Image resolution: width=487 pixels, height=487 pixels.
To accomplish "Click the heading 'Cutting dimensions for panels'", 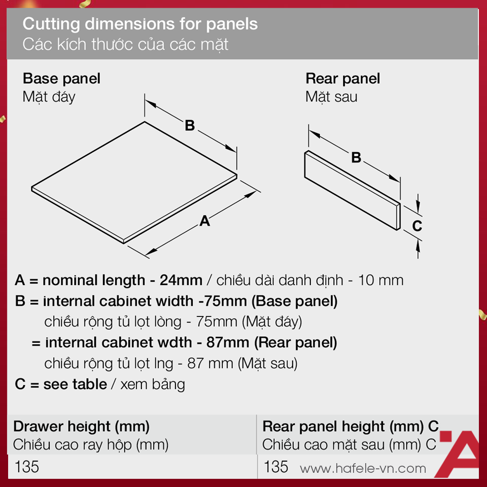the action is [x=140, y=24].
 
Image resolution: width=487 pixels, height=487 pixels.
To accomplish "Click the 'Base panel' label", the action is [x=61, y=79].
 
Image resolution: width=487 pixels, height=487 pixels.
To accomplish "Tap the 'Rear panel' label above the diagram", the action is [x=342, y=79].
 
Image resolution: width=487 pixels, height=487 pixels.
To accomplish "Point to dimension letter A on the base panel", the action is [x=204, y=221].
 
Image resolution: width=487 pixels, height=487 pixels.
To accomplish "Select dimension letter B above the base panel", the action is [x=190, y=125].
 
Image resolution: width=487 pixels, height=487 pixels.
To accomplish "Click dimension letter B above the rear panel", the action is [x=356, y=157].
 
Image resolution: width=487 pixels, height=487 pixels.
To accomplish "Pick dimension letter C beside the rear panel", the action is [x=417, y=226].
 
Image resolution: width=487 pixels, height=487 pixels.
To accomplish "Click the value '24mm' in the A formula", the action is [x=181, y=280].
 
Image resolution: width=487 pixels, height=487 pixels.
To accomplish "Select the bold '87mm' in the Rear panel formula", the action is [x=228, y=342].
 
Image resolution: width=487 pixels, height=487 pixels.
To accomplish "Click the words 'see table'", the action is [x=75, y=384].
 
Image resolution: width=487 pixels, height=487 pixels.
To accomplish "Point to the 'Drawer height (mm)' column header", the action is [x=81, y=427].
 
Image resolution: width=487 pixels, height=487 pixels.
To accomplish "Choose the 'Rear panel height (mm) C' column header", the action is [x=351, y=427].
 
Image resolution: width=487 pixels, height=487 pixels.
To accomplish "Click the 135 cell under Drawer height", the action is [x=27, y=467].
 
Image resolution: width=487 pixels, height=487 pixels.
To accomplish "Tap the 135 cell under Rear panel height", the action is [x=276, y=467].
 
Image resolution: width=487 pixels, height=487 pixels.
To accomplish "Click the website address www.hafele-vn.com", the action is [x=363, y=468].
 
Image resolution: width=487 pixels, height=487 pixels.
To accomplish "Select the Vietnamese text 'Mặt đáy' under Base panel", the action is [x=49, y=97].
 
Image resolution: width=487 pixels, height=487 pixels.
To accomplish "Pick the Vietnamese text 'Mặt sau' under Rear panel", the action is [x=331, y=97].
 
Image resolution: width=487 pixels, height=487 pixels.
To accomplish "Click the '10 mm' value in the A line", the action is [x=381, y=280].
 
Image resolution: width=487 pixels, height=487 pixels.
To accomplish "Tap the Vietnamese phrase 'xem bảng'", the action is [x=153, y=385].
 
